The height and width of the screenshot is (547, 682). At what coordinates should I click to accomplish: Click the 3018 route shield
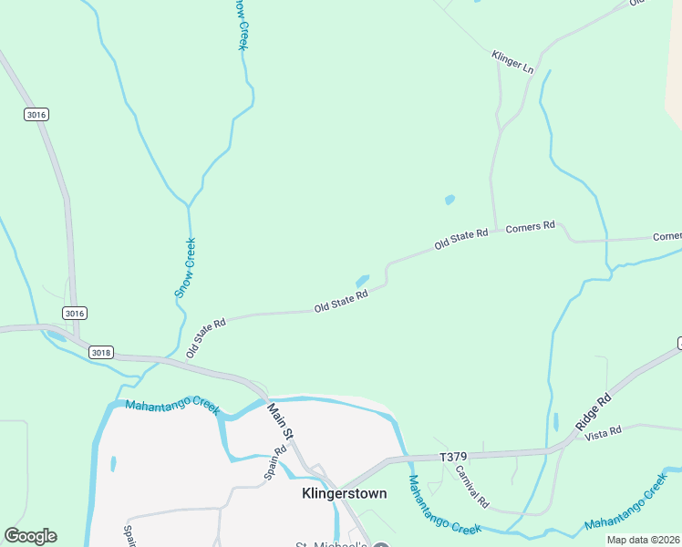101,352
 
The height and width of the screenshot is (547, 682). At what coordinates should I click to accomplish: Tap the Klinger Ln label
511,61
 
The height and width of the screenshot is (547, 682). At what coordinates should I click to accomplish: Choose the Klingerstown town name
344,493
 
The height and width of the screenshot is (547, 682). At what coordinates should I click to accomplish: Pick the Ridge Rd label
594,412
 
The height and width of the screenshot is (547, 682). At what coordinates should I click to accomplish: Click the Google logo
30,536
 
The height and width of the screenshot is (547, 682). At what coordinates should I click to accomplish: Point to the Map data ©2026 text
643,540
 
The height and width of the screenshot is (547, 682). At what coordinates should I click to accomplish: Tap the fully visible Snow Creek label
185,268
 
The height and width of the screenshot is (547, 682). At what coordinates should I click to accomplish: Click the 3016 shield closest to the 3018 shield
75,313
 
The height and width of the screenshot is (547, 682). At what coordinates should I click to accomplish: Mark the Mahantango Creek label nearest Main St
173,408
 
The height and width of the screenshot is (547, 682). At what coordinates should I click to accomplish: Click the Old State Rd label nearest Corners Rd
461,240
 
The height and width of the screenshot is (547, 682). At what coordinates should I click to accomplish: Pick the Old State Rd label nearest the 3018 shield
205,338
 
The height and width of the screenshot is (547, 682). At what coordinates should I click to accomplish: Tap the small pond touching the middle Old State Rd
362,280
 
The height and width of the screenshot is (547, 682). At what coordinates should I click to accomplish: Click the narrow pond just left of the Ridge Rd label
555,422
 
